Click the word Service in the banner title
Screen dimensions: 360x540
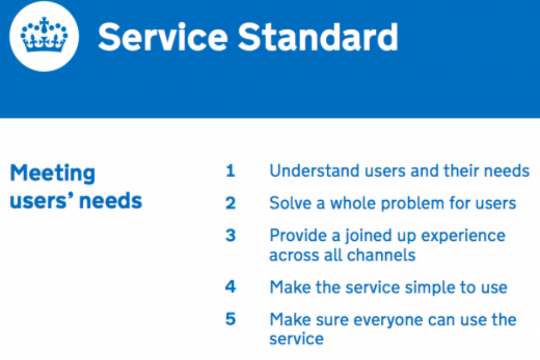(161, 38)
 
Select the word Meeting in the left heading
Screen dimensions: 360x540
(52, 173)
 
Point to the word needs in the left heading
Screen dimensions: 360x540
(113, 201)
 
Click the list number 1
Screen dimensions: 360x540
(230, 171)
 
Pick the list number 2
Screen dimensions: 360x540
(230, 203)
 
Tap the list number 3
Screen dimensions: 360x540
(230, 235)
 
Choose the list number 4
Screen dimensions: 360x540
(230, 287)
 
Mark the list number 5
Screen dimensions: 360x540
(230, 319)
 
